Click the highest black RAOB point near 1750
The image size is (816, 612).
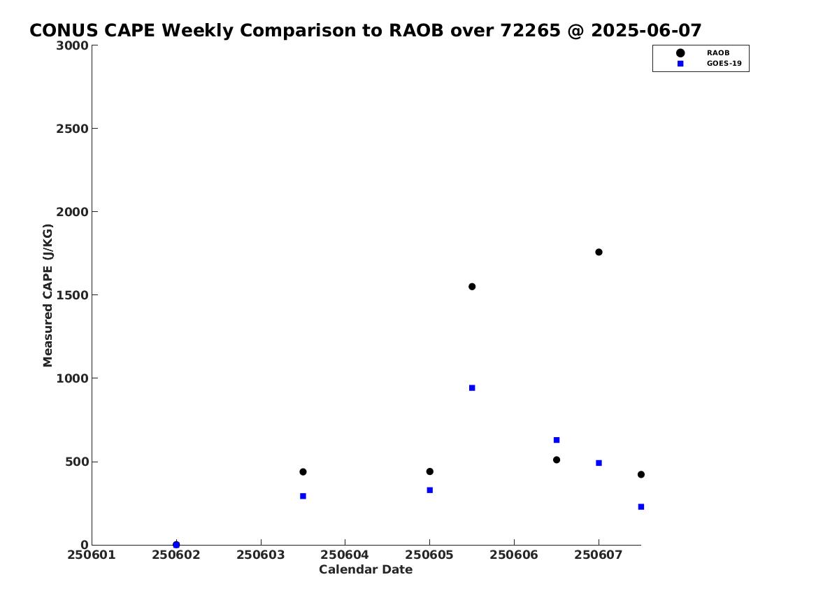[x=599, y=252]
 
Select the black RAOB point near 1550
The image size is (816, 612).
[x=472, y=286]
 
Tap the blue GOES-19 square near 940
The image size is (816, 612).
[x=472, y=387]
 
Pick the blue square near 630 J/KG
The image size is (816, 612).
[x=557, y=440]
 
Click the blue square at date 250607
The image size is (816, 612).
[x=599, y=462]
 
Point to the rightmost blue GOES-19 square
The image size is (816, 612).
[x=640, y=506]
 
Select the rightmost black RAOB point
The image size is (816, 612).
[x=640, y=474]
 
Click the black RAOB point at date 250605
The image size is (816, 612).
[x=429, y=471]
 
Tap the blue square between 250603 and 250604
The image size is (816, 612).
[x=303, y=496]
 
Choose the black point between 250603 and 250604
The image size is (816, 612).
[x=303, y=471]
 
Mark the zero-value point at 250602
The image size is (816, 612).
[x=176, y=544]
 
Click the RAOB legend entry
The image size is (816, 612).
[x=717, y=52]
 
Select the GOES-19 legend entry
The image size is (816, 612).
[x=724, y=64]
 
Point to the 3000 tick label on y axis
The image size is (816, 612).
[x=72, y=45]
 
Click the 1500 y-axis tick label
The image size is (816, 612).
[x=72, y=295]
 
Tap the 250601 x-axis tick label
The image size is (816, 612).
[x=92, y=555]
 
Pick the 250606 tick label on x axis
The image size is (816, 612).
[x=514, y=555]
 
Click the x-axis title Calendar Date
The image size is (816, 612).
[x=365, y=569]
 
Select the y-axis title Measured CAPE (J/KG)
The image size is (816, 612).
[x=48, y=295]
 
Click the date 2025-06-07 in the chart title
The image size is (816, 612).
[x=646, y=31]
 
